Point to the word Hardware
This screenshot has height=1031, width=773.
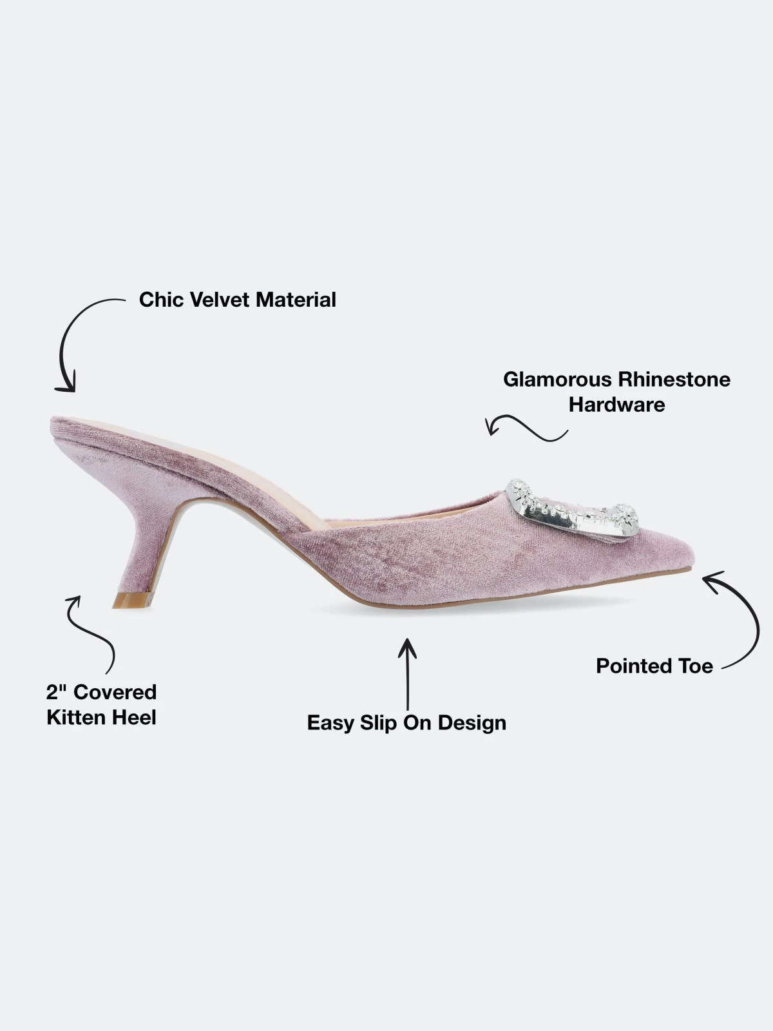coord(617,405)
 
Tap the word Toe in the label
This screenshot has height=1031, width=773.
coord(692,666)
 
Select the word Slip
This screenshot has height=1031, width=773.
coord(378,723)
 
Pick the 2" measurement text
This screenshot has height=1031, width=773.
coord(56,692)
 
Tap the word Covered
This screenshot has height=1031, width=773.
coord(115,692)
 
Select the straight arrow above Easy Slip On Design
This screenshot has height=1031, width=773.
coord(407,673)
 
